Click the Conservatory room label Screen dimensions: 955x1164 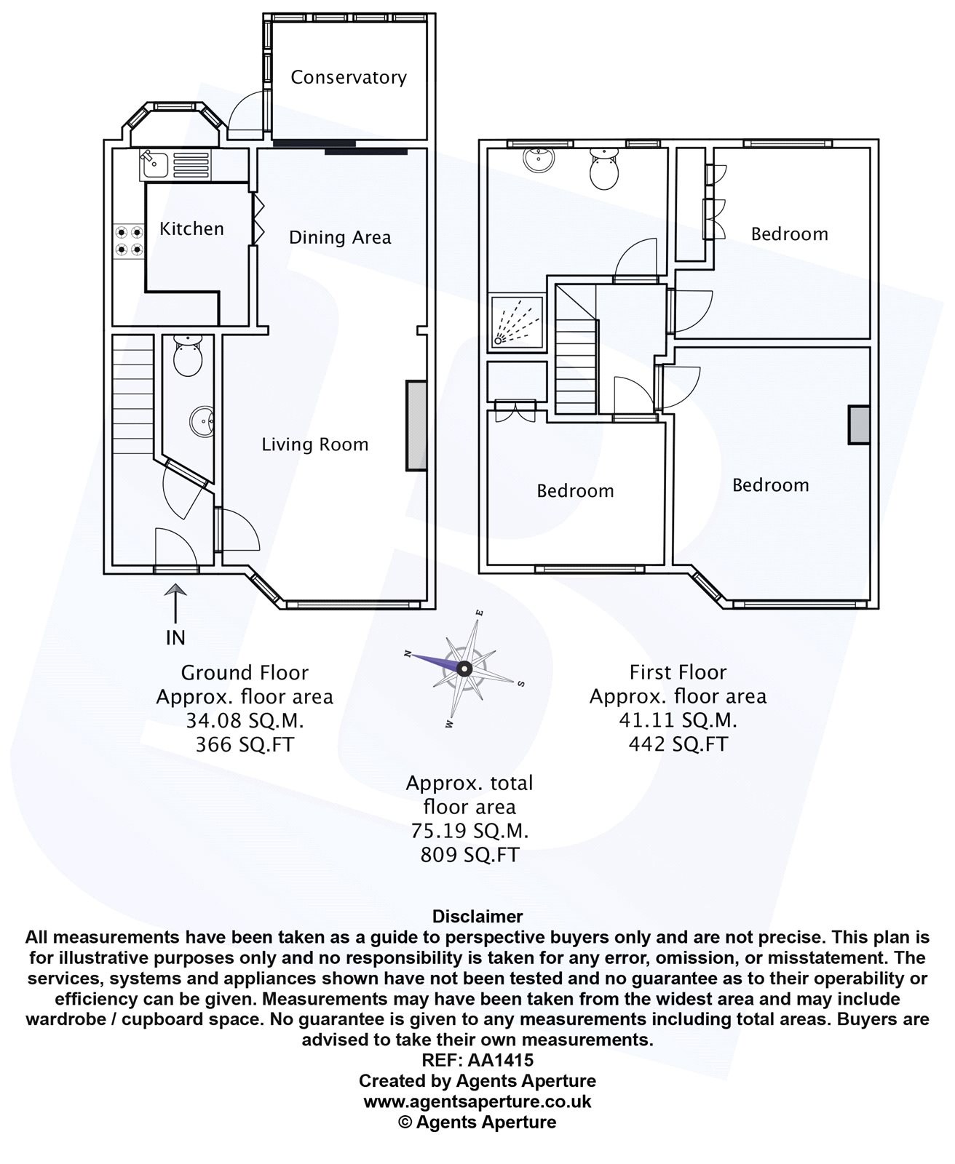tap(349, 78)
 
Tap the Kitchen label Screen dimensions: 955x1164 tap(191, 229)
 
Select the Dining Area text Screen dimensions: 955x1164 tap(340, 238)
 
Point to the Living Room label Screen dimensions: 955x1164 tap(315, 445)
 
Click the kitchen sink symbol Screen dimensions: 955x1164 tap(154, 165)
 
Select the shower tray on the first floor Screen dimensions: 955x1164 tap(516, 321)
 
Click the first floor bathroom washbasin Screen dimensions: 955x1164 tap(539, 158)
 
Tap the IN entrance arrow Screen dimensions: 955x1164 tap(175, 606)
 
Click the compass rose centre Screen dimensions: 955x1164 tap(464, 669)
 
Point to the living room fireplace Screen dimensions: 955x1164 tap(416, 426)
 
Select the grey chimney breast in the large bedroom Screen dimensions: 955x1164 tap(859, 425)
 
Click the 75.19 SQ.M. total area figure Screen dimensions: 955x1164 tap(469, 830)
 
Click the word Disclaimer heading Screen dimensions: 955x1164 tap(477, 917)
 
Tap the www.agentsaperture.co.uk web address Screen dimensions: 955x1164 tap(477, 1101)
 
